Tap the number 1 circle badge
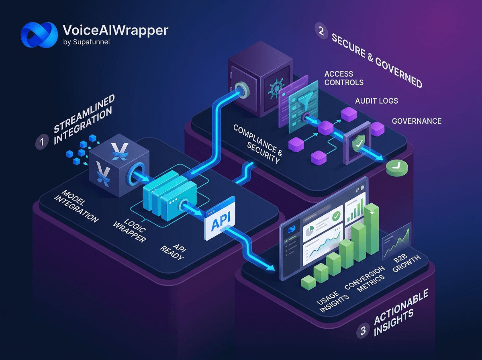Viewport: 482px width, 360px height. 42,143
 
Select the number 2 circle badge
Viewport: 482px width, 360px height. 321,31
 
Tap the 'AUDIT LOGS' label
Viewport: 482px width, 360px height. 376,100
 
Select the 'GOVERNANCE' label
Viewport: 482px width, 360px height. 417,121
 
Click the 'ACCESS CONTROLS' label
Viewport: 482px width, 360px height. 344,78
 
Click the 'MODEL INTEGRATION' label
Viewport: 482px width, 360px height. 76,207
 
